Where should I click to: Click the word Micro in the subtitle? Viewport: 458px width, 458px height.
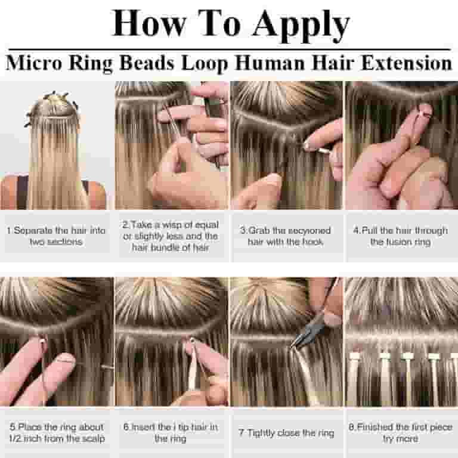pyautogui.click(x=33, y=63)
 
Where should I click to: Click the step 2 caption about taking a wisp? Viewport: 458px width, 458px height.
pyautogui.click(x=171, y=236)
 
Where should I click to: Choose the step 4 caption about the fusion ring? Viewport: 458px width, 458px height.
pyautogui.click(x=400, y=236)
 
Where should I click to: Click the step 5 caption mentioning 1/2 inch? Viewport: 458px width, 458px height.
pyautogui.click(x=57, y=432)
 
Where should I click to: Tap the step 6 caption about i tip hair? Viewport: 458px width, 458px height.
pyautogui.click(x=171, y=432)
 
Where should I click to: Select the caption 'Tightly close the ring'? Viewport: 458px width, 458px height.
pyautogui.click(x=286, y=432)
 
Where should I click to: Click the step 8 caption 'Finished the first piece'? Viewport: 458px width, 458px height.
pyautogui.click(x=400, y=432)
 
